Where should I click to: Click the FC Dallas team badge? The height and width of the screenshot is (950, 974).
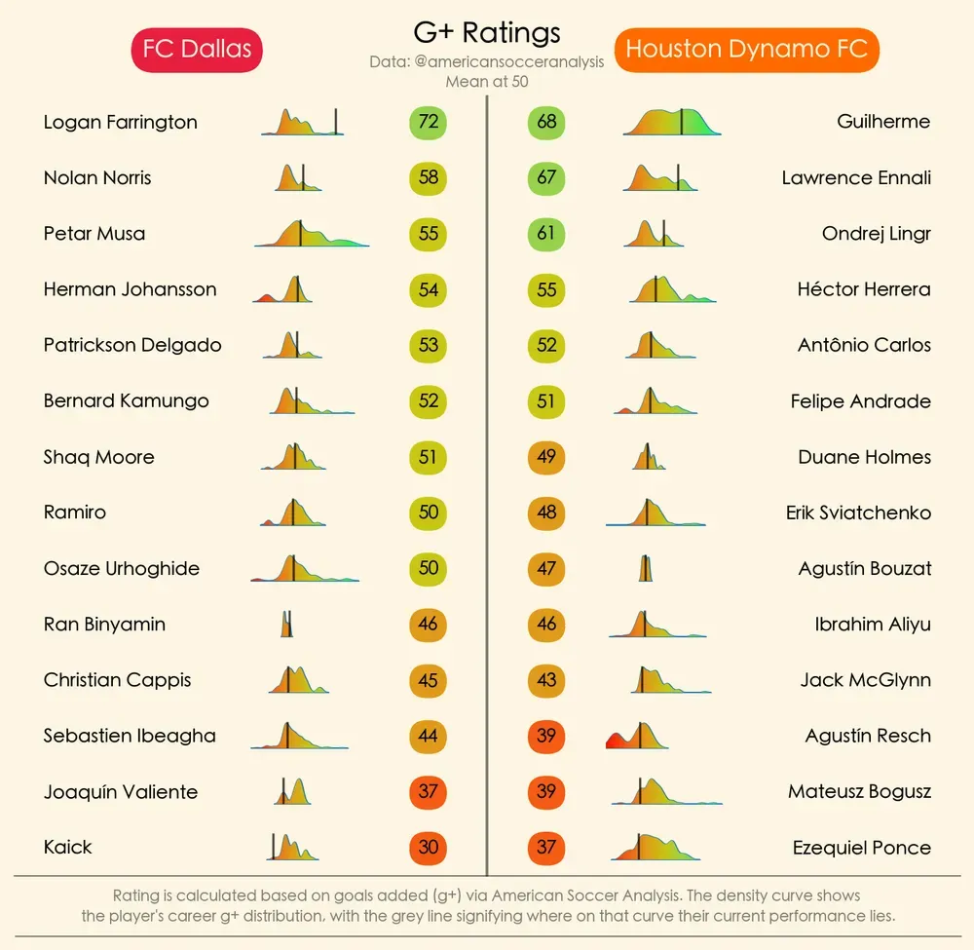coord(197,50)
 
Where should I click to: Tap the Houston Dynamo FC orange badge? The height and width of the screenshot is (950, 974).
coord(747,50)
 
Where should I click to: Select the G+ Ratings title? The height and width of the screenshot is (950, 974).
coord(487,33)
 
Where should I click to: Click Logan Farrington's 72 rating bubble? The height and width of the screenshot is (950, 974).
coord(428,122)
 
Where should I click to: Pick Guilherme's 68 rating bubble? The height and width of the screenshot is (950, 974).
coord(546,122)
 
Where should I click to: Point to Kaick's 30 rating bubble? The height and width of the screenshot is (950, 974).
coord(428,848)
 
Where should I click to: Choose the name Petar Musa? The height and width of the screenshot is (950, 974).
coord(94,234)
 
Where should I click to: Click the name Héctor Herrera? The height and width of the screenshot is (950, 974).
coord(864,289)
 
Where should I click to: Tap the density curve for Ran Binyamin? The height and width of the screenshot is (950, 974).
coord(287,624)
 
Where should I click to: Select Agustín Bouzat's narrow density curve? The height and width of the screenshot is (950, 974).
coord(646,568)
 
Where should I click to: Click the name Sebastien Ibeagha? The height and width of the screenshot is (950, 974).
coord(130,736)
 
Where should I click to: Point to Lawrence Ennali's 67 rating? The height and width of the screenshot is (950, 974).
coord(546,177)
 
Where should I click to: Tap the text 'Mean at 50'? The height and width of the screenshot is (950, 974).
coord(487,82)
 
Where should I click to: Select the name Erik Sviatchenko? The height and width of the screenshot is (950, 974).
coord(858,513)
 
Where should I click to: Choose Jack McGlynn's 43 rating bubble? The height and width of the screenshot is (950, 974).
coord(546,680)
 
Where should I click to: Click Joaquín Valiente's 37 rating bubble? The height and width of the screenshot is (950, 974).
coord(428,791)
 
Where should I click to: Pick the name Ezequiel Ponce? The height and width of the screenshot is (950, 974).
coord(862,848)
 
